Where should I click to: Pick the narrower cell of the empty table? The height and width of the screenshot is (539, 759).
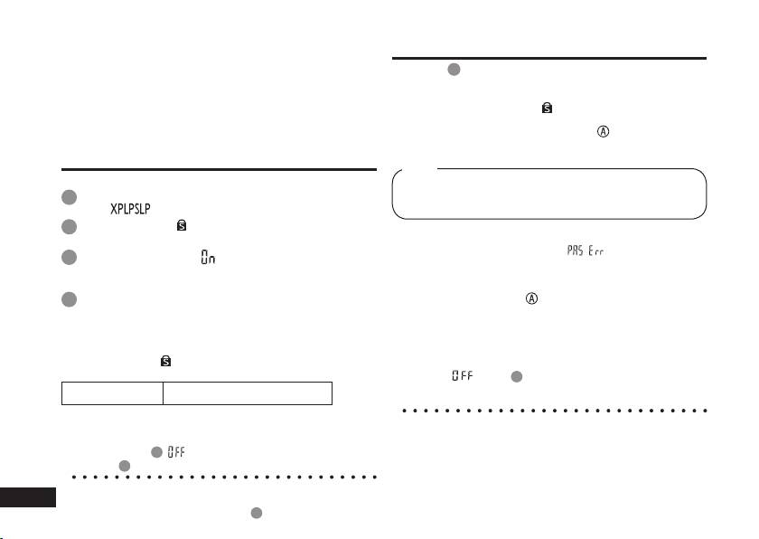[x=112, y=392]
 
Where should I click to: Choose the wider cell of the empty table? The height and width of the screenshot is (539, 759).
[x=248, y=392]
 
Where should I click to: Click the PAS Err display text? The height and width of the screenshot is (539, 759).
[x=586, y=251]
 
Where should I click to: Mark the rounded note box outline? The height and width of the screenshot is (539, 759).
[x=549, y=194]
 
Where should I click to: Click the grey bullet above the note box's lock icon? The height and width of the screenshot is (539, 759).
[x=453, y=70]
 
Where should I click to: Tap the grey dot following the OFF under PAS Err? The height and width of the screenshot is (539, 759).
[x=516, y=375]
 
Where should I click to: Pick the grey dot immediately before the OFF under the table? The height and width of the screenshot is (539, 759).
[x=156, y=451]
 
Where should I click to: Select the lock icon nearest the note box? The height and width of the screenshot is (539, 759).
[x=547, y=108]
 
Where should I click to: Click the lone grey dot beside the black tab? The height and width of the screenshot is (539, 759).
[x=256, y=513]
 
